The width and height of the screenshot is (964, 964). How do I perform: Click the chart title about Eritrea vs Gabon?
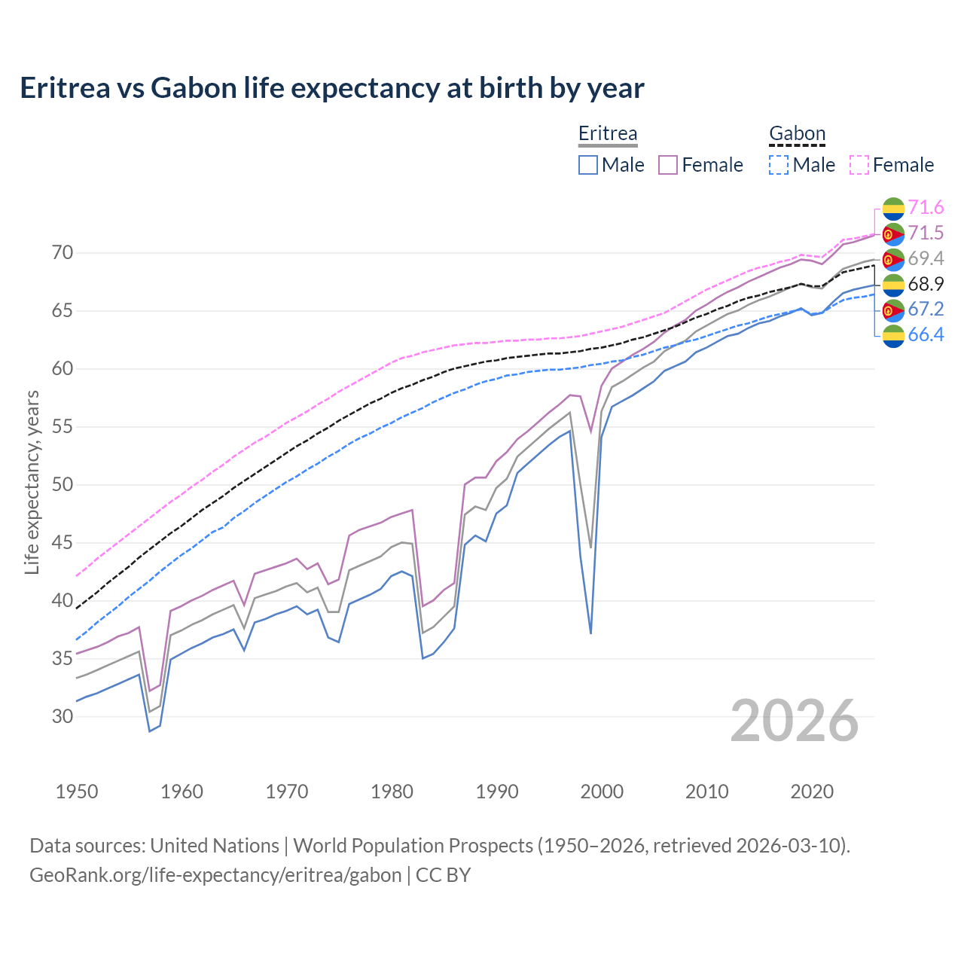click(x=332, y=88)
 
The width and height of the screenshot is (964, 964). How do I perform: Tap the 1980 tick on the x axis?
click(x=392, y=792)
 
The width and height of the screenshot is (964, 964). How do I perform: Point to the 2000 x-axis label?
click(x=602, y=792)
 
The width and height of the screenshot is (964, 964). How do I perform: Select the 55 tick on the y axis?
click(x=63, y=427)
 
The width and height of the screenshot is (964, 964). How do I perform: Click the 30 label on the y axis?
click(x=63, y=716)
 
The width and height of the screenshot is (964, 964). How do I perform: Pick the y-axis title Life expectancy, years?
click(x=32, y=482)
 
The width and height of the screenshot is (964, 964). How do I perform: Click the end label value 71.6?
click(x=926, y=207)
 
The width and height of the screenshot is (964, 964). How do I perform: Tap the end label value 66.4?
click(x=926, y=334)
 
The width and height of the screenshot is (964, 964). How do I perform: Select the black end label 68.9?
click(x=926, y=284)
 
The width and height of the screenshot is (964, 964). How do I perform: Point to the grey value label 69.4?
click(x=926, y=258)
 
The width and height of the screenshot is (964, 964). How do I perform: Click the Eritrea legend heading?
click(x=608, y=133)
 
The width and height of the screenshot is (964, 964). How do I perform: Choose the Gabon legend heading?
click(x=797, y=133)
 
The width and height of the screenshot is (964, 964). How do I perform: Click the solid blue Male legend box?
click(x=588, y=165)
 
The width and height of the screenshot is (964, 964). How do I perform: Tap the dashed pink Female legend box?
click(x=859, y=165)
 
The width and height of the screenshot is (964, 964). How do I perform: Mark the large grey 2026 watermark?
click(x=794, y=721)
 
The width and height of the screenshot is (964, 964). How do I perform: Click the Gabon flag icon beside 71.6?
click(x=893, y=209)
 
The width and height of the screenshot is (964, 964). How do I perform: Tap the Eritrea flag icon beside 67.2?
click(x=893, y=310)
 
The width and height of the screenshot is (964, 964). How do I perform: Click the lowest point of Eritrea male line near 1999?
click(x=590, y=633)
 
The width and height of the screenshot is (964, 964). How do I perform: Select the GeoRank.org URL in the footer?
click(x=215, y=875)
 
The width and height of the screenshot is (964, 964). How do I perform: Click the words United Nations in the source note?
click(x=215, y=846)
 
